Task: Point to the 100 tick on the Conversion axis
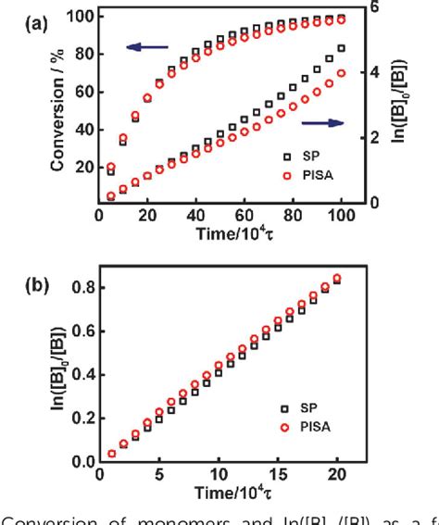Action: coord(82,17)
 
